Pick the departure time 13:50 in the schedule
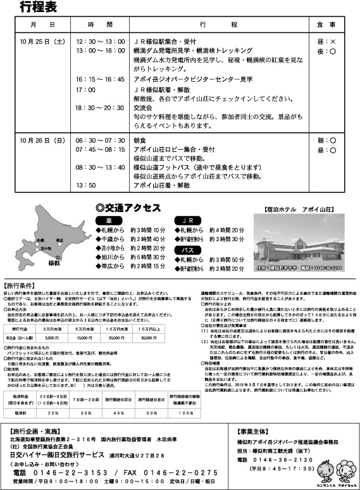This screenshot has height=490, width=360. click(x=86, y=185)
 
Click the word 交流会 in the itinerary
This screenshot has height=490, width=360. click(x=144, y=108)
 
